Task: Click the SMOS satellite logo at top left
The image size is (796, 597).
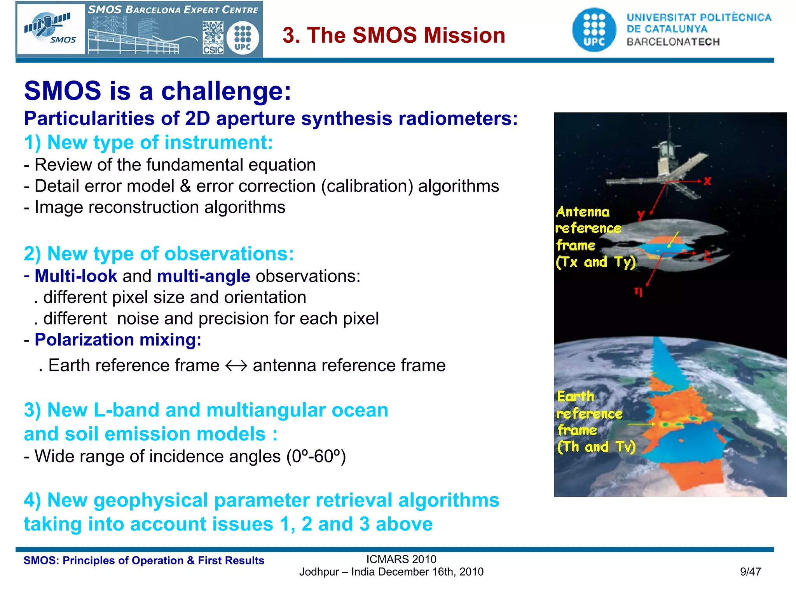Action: (51, 29)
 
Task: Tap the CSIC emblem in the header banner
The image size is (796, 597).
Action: (213, 38)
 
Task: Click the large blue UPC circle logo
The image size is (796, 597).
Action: (594, 30)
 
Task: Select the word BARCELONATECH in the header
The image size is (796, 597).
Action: (673, 42)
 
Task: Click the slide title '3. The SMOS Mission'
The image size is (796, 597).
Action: (394, 35)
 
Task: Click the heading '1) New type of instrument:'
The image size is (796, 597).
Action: (148, 142)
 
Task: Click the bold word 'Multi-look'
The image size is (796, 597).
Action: (76, 276)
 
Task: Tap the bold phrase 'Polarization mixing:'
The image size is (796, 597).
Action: (118, 340)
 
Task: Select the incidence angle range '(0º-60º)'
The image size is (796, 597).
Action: (316, 456)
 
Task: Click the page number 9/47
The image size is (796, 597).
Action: (750, 572)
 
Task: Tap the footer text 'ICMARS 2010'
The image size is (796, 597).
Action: (401, 559)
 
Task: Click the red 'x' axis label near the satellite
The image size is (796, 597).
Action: (707, 181)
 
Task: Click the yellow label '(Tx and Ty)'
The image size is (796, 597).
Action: (595, 262)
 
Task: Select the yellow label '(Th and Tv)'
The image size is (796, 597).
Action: (596, 447)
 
